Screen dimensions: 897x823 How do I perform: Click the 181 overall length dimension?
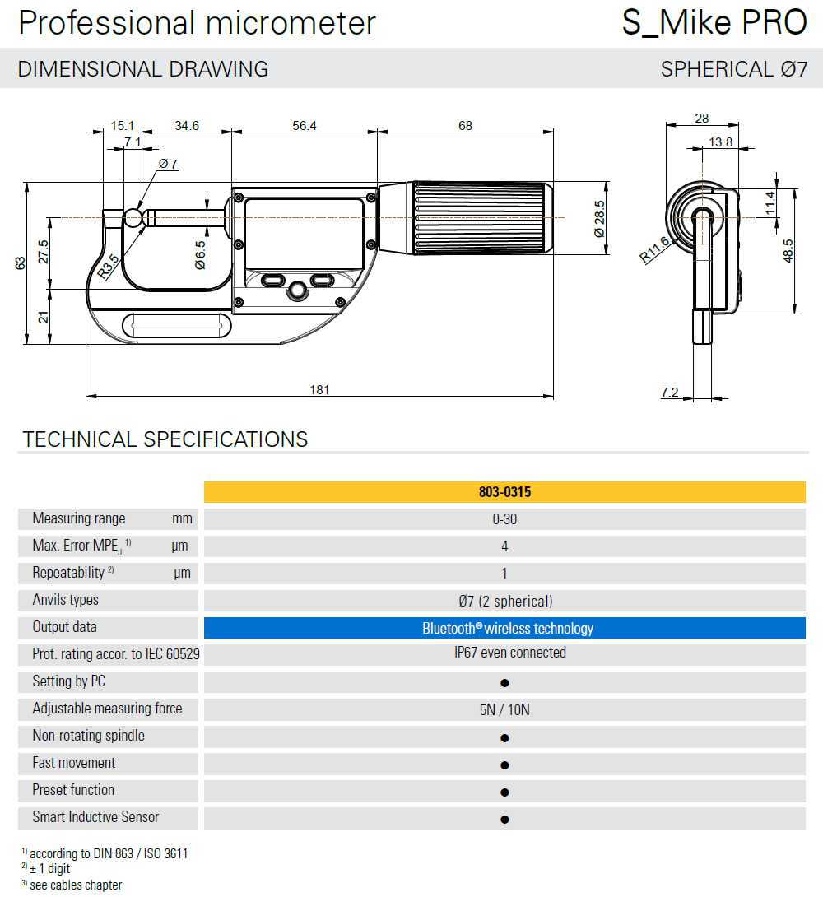319,389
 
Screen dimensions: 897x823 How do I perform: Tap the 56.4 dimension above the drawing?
304,125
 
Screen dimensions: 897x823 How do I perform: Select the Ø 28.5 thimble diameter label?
600,219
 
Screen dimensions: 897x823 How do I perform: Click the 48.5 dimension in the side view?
788,250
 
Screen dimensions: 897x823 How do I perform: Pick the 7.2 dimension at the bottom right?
670,393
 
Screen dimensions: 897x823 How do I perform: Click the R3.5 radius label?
108,267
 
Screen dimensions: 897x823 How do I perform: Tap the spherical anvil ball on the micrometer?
133,218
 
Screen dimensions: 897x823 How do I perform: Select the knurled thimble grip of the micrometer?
481,218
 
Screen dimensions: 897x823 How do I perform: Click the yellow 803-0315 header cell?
504,492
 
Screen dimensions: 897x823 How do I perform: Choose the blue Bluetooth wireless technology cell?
504,628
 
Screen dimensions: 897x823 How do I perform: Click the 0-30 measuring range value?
504,519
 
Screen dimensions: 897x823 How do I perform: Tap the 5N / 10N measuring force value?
504,709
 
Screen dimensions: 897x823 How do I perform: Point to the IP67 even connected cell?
504,653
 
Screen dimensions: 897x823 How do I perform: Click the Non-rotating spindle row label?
88,736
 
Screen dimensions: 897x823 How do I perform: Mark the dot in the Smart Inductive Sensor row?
504,819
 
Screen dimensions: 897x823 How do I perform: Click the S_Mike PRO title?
714,23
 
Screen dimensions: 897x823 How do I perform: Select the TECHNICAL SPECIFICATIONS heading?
165,439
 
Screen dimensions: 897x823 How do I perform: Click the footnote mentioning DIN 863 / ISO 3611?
108,854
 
